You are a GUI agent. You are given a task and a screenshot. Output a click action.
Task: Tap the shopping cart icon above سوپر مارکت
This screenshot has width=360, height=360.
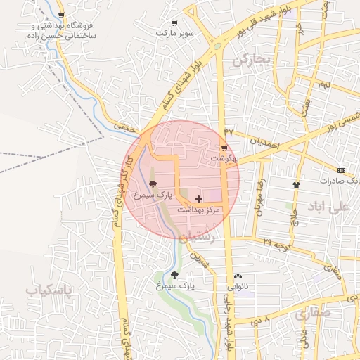click(164, 22)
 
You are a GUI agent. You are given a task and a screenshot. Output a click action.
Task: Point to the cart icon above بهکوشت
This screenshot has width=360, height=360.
click(224, 148)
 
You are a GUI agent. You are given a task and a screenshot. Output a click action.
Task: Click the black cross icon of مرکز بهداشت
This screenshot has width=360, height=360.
click(198, 200)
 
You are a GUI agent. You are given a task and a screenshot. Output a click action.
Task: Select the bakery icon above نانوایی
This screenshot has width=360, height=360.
click(237, 276)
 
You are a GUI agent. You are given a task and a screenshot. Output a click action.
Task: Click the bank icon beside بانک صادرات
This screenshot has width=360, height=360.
click(341, 170)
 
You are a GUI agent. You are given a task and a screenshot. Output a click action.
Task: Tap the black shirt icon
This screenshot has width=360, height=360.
click(296, 185)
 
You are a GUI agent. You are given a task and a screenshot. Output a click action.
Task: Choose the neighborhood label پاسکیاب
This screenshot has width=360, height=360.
click(49, 290)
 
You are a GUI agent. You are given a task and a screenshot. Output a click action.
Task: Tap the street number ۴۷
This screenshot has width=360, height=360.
click(229, 131)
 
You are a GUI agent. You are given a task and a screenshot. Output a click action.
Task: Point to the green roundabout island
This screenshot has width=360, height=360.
click(217, 46)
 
